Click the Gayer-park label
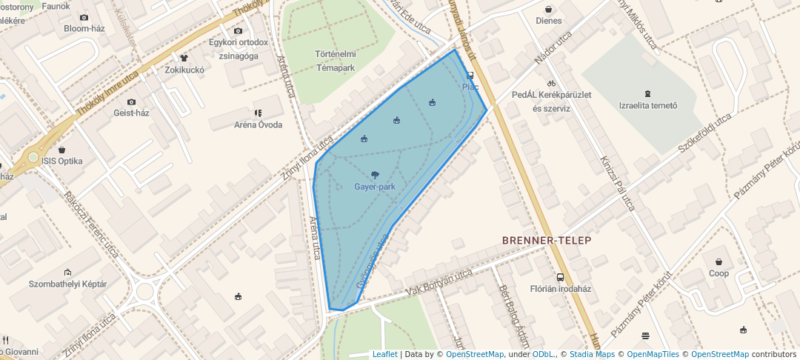pos(375,187)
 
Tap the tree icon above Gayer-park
pos(375,176)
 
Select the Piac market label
pos(470,87)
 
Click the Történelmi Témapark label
pos(336,61)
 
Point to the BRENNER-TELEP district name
pos(547,241)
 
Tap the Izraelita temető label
pos(648,105)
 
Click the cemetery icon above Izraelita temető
pos(648,93)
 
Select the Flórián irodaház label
pos(560,289)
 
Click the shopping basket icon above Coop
pos(719,261)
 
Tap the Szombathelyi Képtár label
pos(67,284)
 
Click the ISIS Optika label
pos(62,161)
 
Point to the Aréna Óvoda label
pos(259,124)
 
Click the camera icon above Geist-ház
pos(131,101)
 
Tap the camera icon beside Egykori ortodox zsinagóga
pos(238,30)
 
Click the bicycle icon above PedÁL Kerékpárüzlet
pos(550,83)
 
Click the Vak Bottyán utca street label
pos(439,282)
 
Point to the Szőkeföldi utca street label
pos(704,134)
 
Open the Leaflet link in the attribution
pos(384,354)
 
